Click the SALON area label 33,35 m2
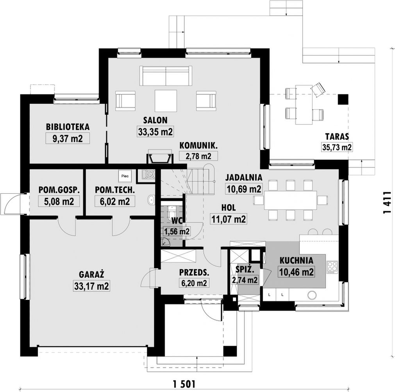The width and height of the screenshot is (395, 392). (x=155, y=132)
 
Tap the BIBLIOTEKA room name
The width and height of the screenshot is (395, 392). (x=68, y=127)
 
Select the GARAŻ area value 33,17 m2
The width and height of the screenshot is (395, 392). (x=91, y=286)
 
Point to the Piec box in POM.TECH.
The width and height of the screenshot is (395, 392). (x=125, y=176)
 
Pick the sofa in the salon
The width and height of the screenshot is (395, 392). (x=166, y=76)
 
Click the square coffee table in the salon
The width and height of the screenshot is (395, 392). (x=166, y=100)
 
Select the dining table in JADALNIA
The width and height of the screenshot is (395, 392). (x=290, y=200)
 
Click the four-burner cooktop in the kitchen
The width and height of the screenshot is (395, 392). (x=332, y=267)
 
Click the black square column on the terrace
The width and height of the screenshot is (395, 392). (x=343, y=99)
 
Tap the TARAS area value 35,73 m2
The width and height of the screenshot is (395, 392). (x=337, y=147)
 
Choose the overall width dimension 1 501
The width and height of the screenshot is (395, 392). (x=184, y=384)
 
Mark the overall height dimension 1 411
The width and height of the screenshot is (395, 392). (x=387, y=203)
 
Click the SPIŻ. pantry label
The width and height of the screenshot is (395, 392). (x=244, y=270)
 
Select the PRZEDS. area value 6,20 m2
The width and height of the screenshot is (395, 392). (x=194, y=283)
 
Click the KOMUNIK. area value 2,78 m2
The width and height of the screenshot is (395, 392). (x=198, y=156)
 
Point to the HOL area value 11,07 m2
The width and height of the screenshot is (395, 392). (x=228, y=219)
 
